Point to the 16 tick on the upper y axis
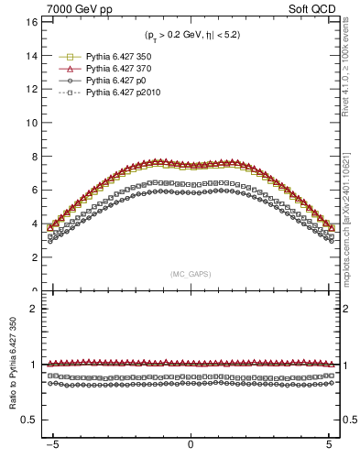[30, 21]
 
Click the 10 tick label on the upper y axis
[30, 123]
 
